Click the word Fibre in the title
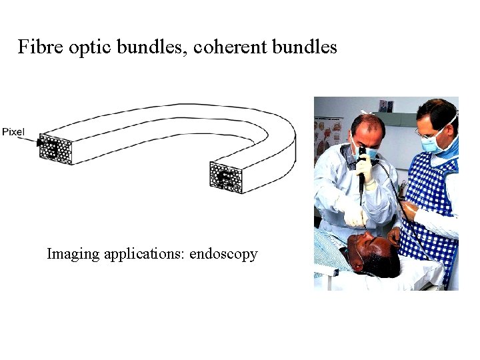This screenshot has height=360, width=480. click(x=37, y=47)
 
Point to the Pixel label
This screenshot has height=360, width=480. click(x=13, y=132)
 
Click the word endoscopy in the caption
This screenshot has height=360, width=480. click(x=224, y=254)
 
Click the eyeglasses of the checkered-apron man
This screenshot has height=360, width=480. click(x=429, y=131)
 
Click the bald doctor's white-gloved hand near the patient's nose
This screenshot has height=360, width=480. click(x=354, y=217)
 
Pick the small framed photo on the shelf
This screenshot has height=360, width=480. click(x=386, y=105)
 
